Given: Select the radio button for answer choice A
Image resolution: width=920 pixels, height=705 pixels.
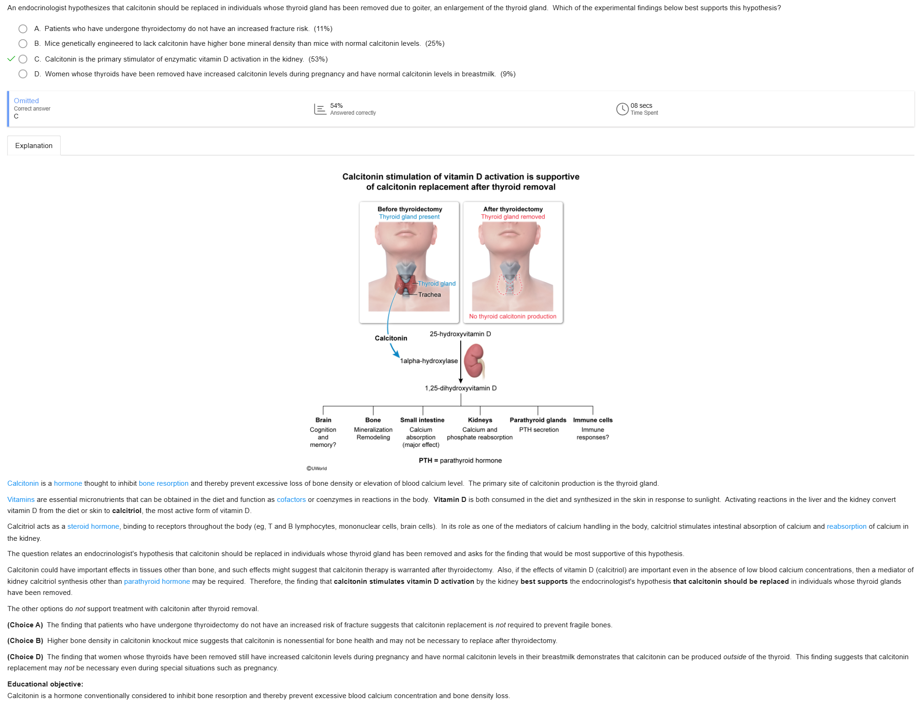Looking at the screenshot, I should [x=23, y=29].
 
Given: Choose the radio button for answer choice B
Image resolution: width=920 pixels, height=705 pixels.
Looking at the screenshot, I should [x=23, y=43].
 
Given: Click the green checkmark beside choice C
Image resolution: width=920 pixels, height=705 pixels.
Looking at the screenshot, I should [x=11, y=59].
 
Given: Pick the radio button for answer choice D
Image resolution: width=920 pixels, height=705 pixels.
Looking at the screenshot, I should [x=23, y=74].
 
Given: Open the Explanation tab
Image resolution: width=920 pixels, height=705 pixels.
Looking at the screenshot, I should [x=34, y=146].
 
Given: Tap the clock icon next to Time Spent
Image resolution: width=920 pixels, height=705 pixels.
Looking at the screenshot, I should [x=622, y=109].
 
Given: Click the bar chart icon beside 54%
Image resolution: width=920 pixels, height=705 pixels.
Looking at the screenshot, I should [x=320, y=109].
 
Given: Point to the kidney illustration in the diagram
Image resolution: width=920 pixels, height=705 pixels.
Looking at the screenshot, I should [x=475, y=361].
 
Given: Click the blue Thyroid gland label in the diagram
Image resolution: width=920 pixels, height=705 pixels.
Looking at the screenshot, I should [x=437, y=284].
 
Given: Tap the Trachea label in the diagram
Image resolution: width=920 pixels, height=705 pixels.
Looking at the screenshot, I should [x=429, y=295].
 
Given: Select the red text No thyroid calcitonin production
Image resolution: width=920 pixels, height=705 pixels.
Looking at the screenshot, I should [x=512, y=316].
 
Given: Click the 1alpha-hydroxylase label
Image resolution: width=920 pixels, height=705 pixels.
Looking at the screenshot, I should [x=429, y=361].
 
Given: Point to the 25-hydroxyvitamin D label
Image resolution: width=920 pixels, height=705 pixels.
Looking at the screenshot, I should [x=460, y=334].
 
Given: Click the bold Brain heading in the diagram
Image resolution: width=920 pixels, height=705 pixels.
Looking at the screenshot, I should [x=323, y=420].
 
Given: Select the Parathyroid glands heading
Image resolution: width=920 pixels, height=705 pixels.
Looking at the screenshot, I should [x=537, y=420].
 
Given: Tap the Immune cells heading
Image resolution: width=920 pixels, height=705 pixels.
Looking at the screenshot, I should [x=593, y=420].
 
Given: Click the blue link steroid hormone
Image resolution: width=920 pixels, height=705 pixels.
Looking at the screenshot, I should [x=93, y=526].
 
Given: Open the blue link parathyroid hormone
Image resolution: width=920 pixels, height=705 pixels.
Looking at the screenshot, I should [x=157, y=581].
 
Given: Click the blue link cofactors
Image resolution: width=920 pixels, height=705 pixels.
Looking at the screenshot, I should [x=291, y=500].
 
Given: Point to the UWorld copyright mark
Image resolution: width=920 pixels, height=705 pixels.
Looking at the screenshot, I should [x=317, y=469].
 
